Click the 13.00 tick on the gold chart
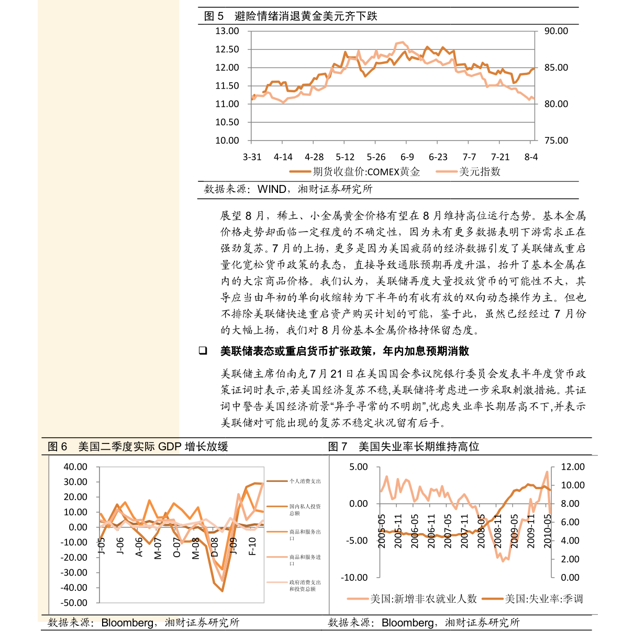pos(227,31)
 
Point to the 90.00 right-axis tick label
pos(555,31)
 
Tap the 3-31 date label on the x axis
pos(252,157)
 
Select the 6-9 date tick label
pos(407,157)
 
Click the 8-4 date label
pos(531,157)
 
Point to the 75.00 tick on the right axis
pos(555,140)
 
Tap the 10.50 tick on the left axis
pos(227,122)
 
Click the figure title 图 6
pos(58,447)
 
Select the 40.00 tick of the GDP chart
pos(75,467)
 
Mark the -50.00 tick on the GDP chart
pos(75,603)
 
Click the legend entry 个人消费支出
pos(305,481)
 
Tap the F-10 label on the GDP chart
pos(252,546)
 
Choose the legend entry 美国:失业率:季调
pos(543,599)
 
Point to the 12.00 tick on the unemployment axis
pos(572,467)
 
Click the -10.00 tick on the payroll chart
pos(354,578)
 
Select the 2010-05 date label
pos(548,530)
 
